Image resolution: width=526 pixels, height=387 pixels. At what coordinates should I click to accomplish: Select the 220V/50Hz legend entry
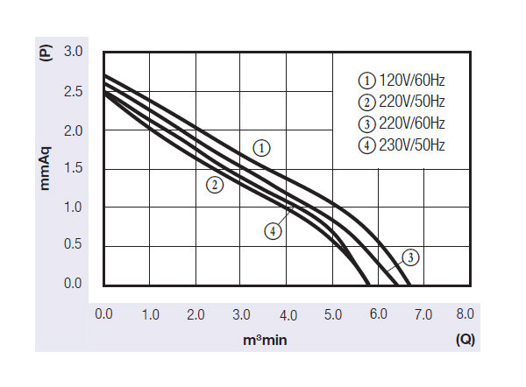coord(402,102)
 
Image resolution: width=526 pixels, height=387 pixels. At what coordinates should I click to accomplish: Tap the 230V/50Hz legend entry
coord(402,144)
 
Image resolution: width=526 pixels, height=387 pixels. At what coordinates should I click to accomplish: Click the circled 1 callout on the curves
coord(261,148)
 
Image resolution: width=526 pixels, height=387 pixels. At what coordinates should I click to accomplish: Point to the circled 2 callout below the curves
coord(215,185)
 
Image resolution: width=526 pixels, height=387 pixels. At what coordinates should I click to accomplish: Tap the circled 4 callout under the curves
coord(274,231)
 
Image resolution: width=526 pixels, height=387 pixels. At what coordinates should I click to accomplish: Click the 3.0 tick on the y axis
coord(73,53)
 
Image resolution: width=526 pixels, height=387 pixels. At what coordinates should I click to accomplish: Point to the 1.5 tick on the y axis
coord(73,168)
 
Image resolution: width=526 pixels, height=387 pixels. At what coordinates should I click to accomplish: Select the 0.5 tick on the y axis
coord(73,245)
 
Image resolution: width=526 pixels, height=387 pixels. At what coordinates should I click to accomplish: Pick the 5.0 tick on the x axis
coord(331,314)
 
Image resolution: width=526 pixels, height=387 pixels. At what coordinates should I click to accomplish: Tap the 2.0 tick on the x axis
coord(195,314)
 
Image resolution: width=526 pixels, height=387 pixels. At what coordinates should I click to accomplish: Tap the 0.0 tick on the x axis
coord(103,314)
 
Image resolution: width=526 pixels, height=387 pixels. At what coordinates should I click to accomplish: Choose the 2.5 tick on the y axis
coord(73,91)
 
